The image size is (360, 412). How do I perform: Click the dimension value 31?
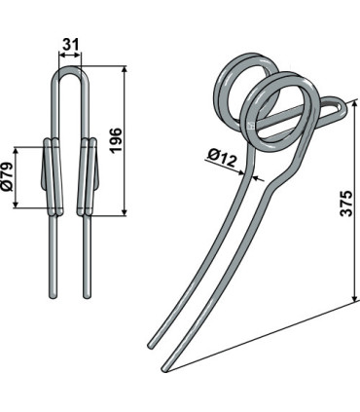click(x=70, y=44)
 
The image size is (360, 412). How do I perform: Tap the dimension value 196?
click(x=116, y=140)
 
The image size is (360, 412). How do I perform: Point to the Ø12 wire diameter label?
click(x=223, y=157)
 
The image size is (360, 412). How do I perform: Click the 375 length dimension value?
click(x=346, y=204)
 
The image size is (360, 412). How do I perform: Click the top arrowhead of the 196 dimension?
click(x=125, y=70)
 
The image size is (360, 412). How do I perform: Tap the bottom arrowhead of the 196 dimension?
click(x=125, y=211)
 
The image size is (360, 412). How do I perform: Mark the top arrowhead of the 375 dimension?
click(x=355, y=104)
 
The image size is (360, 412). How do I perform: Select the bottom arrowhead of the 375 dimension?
click(x=355, y=297)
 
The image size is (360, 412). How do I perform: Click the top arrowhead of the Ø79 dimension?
click(x=16, y=151)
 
